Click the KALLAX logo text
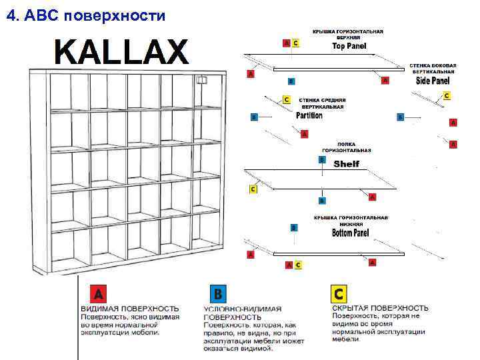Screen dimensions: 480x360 click(121, 52)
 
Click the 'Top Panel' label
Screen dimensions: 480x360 click(347, 47)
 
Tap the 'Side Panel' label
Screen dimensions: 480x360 click(432, 81)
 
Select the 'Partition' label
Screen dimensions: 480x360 click(309, 115)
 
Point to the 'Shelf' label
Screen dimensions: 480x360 click(346, 164)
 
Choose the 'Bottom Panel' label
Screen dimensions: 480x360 click(350, 233)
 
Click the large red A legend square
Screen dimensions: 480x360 click(98, 294)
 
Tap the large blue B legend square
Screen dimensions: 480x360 click(217, 294)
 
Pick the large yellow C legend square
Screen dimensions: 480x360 click(339, 294)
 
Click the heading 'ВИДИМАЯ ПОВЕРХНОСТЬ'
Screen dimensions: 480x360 click(130, 309)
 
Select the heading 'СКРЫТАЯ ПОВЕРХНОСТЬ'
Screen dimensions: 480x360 click(380, 308)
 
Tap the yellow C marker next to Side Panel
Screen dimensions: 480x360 click(446, 96)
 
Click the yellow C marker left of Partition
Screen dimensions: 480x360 click(287, 99)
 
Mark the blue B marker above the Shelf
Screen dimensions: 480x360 click(322, 160)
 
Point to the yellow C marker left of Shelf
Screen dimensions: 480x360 click(253, 189)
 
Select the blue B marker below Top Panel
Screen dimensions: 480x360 click(291, 81)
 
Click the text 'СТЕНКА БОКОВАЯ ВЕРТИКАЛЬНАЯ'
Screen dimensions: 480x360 click(433, 68)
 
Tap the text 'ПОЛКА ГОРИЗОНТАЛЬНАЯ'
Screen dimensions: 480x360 click(347, 147)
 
